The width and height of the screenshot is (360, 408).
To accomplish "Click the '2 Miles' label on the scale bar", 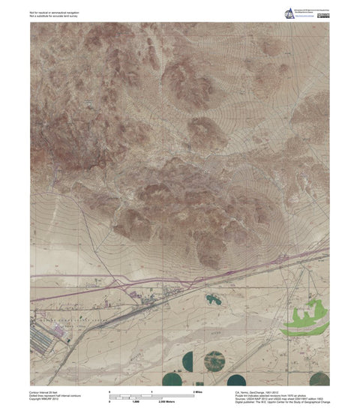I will (x=199, y=391).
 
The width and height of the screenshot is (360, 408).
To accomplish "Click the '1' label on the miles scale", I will (x=152, y=391).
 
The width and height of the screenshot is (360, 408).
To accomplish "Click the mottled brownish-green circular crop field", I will (x=214, y=360).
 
